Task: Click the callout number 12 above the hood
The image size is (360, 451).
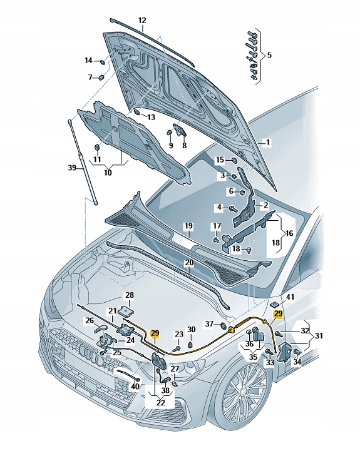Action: [x=141, y=20]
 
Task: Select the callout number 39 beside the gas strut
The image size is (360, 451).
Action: [x=72, y=168]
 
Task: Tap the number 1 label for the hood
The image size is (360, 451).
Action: [x=267, y=143]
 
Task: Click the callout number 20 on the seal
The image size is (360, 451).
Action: [x=188, y=263]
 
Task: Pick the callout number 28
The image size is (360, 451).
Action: [x=130, y=295]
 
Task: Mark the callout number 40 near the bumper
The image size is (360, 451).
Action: [x=135, y=386]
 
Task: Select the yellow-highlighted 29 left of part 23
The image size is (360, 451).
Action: [x=155, y=334]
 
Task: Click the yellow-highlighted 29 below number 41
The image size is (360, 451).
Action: [x=279, y=314]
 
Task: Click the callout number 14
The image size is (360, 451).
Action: [x=88, y=61]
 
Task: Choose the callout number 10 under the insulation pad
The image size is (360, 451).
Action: [x=107, y=172]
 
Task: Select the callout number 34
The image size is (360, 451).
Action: [x=297, y=362]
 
